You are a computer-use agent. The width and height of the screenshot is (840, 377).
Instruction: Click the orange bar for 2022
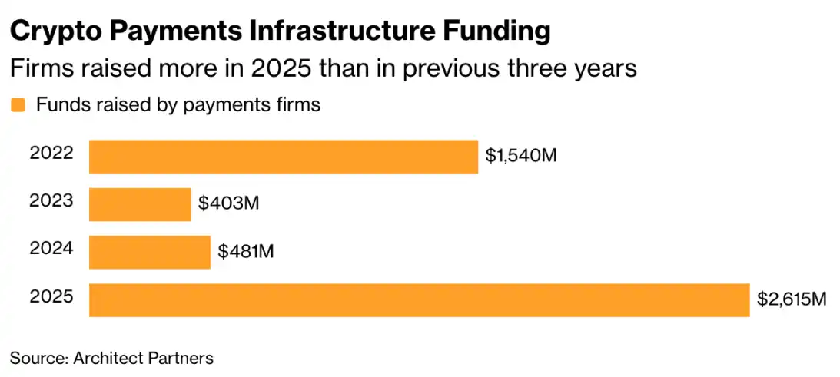[283, 157]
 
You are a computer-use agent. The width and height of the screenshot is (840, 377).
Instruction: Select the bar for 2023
[140, 204]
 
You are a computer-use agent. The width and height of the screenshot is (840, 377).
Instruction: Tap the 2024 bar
[150, 252]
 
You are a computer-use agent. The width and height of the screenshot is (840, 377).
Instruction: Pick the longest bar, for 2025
[419, 299]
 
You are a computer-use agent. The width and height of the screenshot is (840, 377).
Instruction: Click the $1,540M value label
[520, 156]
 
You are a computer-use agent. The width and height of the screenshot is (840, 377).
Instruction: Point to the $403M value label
[229, 203]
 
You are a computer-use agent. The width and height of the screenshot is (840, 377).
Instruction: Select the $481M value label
[247, 251]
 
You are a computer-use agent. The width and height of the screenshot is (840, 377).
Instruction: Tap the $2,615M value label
[792, 299]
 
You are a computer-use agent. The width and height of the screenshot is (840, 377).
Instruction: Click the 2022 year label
[51, 153]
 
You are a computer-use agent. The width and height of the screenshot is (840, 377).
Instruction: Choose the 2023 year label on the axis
[51, 200]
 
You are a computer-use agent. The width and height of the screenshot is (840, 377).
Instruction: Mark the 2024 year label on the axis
[51, 248]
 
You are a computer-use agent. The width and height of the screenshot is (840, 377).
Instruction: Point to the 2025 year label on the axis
[51, 296]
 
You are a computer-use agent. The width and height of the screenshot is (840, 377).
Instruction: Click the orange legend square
[18, 106]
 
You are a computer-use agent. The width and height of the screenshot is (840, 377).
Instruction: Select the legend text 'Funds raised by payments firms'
[178, 105]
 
